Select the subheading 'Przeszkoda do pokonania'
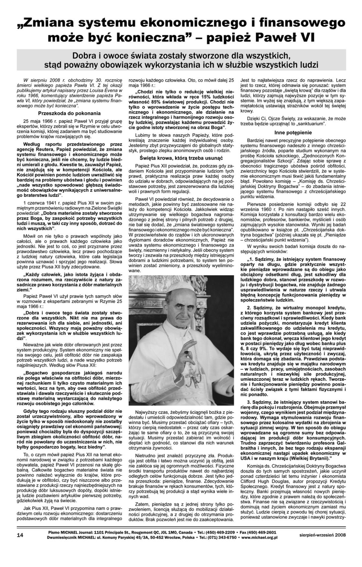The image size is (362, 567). point(69,113)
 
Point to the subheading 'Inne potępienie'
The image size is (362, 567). point(293,132)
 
